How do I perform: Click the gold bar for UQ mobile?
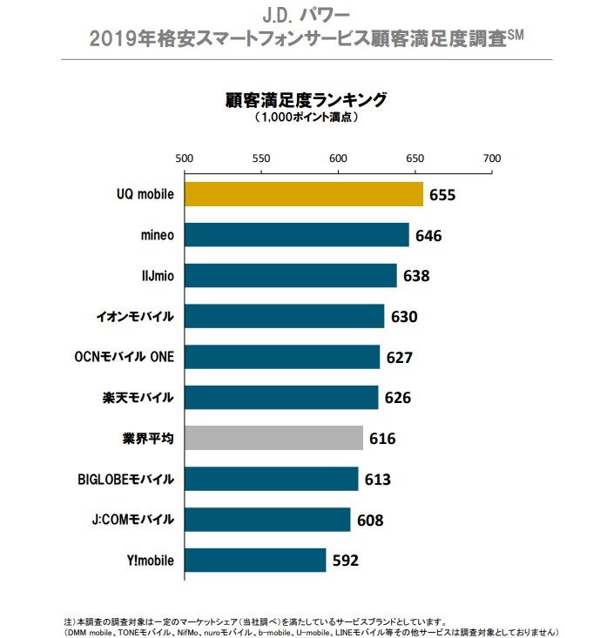303,194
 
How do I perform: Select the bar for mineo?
296,235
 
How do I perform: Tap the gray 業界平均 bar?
273,438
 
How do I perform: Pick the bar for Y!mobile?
255,560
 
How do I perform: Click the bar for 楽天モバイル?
281,397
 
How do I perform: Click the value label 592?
346,560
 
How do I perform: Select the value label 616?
381,438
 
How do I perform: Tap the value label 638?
416,276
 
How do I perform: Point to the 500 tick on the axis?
184,158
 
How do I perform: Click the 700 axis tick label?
492,158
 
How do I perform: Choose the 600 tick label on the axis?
338,158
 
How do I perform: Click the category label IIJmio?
152,276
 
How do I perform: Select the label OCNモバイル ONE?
125,357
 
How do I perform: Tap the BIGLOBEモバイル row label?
125,479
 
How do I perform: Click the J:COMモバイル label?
130,520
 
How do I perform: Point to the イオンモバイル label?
134,316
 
